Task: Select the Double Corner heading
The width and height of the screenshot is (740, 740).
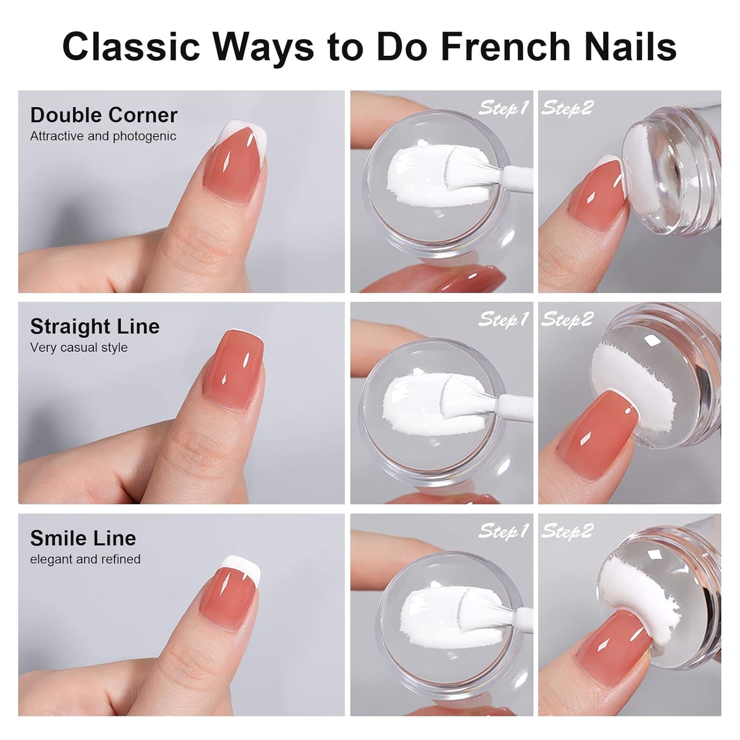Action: (103, 115)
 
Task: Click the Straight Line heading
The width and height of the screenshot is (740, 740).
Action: (95, 327)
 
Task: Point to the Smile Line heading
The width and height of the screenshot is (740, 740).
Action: (83, 538)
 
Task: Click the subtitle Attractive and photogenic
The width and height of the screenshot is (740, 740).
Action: (103, 136)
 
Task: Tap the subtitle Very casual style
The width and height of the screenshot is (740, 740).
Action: (79, 347)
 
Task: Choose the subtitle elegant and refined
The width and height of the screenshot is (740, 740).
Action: (85, 559)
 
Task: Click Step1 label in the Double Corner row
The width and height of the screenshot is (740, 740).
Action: (503, 108)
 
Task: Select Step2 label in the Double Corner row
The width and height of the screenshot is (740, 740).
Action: (567, 108)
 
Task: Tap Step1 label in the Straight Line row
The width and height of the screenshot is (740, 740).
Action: (503, 320)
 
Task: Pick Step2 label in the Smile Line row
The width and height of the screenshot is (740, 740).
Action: (567, 531)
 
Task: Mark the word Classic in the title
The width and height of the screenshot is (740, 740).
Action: (131, 47)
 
